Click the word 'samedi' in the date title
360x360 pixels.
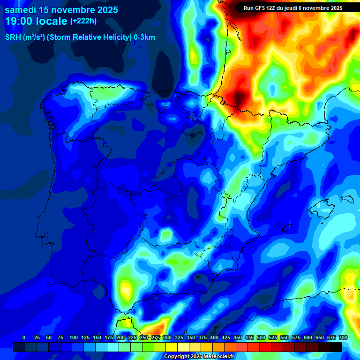point(21,10)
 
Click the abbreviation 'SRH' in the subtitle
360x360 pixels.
point(13,37)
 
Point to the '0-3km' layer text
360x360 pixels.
point(144,37)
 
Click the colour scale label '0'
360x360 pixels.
point(24,337)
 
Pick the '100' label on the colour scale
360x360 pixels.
point(74,337)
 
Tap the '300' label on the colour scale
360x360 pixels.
point(167,337)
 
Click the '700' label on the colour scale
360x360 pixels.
point(343,337)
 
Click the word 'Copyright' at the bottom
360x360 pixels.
point(177,356)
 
